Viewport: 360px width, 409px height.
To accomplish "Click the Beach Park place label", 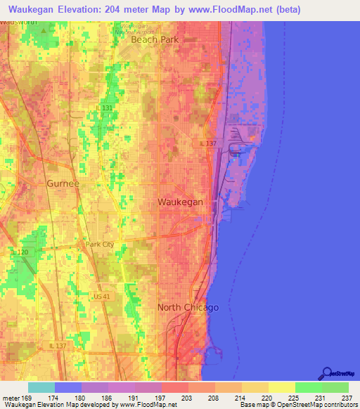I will click(155, 39).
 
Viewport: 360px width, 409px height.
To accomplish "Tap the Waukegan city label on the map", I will click(180, 202).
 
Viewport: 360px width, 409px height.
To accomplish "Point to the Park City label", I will click(99, 245).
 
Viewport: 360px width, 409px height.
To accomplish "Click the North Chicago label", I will click(188, 308).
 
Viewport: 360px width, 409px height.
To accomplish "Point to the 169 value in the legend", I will click(26, 397).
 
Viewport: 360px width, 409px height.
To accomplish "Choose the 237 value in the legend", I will click(346, 397).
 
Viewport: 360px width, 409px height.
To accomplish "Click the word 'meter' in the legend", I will click(11, 397).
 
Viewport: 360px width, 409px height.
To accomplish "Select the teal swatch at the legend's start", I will click(41, 387).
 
